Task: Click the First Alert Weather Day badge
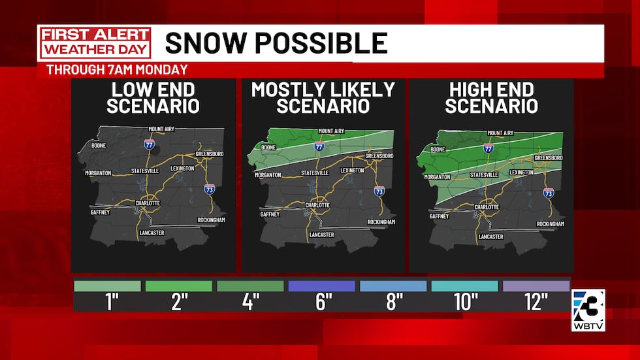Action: tap(95, 43)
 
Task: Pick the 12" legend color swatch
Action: tap(536, 286)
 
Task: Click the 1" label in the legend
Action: tap(107, 303)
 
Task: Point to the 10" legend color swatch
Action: tap(464, 286)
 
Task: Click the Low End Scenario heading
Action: tap(153, 97)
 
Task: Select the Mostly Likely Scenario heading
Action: tap(323, 97)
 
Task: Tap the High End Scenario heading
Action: tap(491, 97)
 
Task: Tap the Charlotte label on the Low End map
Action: tap(148, 203)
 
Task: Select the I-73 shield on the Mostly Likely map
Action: tap(379, 191)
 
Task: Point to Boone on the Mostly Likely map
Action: tap(268, 148)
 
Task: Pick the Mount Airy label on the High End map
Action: tap(500, 133)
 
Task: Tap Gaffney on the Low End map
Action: tap(100, 212)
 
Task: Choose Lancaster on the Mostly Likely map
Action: tap(322, 234)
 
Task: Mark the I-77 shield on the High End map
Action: tap(488, 149)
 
